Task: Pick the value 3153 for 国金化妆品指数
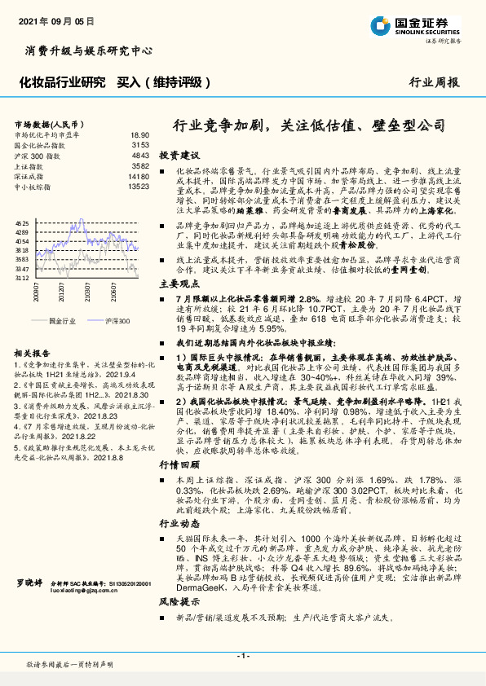pyautogui.click(x=139, y=144)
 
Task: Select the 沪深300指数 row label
pyautogui.click(x=38, y=155)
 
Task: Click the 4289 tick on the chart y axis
pyautogui.click(x=23, y=232)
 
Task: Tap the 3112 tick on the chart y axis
pyautogui.click(x=23, y=278)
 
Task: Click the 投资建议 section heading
pyautogui.click(x=179, y=154)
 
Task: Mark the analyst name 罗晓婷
pyautogui.click(x=29, y=606)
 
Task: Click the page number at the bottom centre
pyautogui.click(x=242, y=655)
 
